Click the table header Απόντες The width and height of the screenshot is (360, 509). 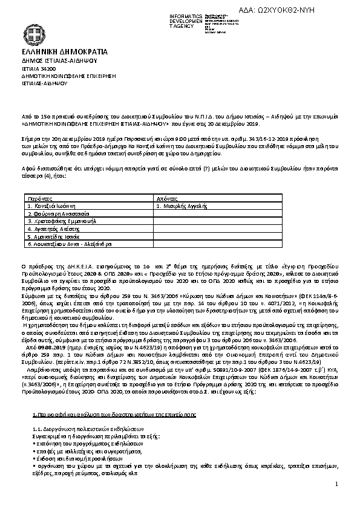(167, 198)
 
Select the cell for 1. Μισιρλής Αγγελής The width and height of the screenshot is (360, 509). (182, 206)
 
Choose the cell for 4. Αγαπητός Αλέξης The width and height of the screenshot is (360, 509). (54, 230)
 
